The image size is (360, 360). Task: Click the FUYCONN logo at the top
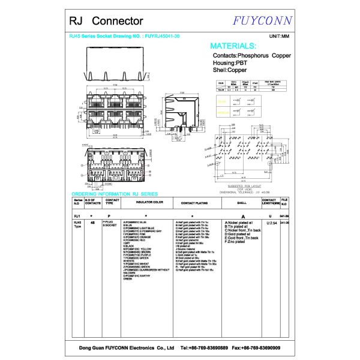[x=263, y=21]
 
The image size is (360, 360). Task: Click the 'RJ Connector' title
[x=97, y=22]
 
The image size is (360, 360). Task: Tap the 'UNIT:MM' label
[x=280, y=37]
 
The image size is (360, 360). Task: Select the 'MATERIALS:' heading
[x=233, y=46]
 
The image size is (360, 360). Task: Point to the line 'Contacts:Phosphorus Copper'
[x=251, y=55]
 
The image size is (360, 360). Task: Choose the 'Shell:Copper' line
[x=230, y=71]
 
